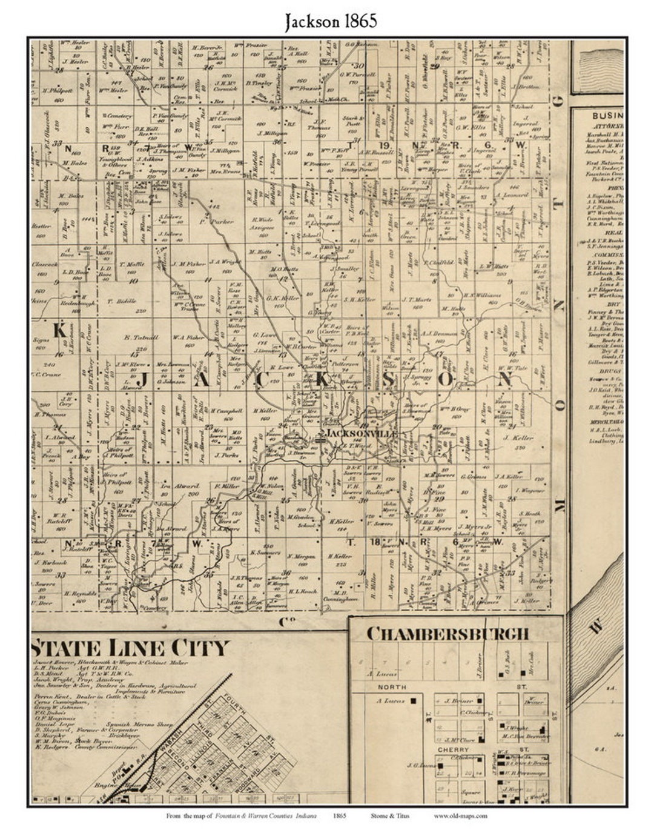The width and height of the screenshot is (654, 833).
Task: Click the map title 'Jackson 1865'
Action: pyautogui.click(x=331, y=21)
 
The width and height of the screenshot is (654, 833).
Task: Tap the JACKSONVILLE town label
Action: pyautogui.click(x=362, y=434)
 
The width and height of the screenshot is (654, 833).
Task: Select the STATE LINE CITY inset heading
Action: pyautogui.click(x=131, y=648)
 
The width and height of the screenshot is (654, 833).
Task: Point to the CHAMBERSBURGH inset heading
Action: pyautogui.click(x=448, y=634)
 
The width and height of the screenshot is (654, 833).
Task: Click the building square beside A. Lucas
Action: pyautogui.click(x=413, y=701)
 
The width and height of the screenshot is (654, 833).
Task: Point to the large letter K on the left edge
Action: pyautogui.click(x=59, y=330)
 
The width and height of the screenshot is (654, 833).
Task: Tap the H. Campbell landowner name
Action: pyautogui.click(x=222, y=410)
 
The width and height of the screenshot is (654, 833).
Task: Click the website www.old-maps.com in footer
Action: pyautogui.click(x=460, y=815)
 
